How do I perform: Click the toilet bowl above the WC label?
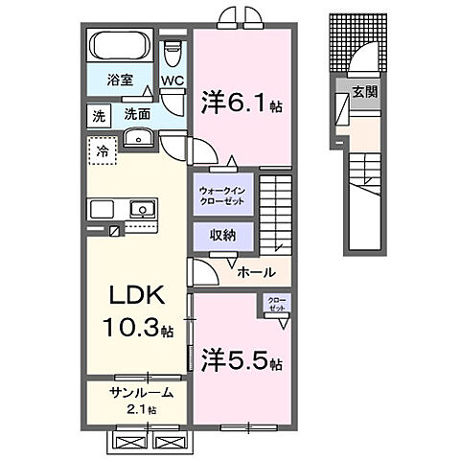pos(171,48)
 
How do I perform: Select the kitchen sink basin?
pos(142,207)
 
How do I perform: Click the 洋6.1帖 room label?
pos(240,102)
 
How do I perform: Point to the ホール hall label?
pos(258,271)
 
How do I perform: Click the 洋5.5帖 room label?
pos(241,363)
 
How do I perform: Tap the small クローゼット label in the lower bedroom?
pos(277,305)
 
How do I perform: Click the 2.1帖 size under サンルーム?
pos(140,410)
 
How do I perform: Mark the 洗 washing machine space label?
pos(98,114)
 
